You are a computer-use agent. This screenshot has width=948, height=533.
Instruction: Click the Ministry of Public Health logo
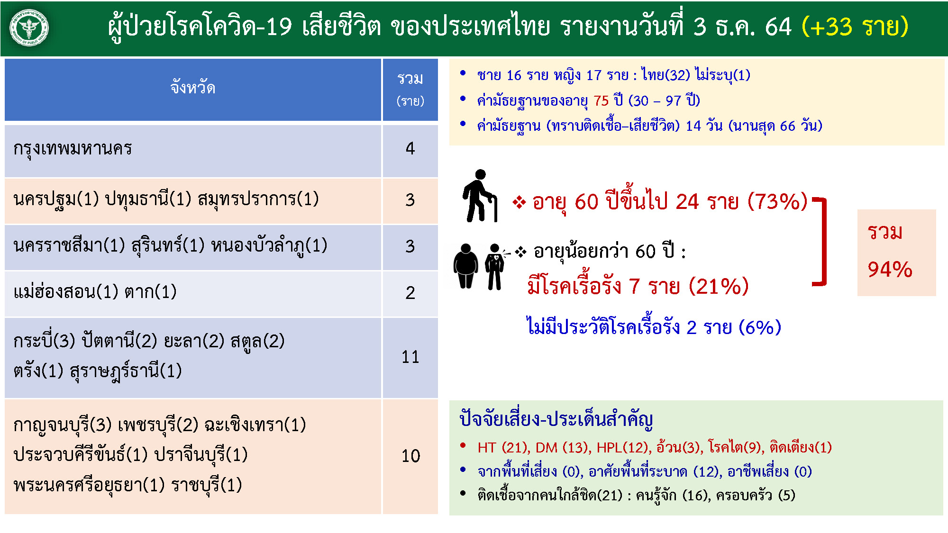[x=29, y=28]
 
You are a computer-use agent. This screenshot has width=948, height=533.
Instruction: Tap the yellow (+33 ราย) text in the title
[x=855, y=27]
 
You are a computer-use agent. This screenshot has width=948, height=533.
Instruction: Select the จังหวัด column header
[x=193, y=88]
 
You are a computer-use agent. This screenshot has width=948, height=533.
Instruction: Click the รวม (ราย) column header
[x=410, y=89]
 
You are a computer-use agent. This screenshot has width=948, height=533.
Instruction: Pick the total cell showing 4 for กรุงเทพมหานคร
[x=410, y=149]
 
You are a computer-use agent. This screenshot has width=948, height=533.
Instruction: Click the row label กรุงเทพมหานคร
[x=73, y=149]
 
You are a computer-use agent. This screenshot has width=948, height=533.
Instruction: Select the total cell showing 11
[x=410, y=357]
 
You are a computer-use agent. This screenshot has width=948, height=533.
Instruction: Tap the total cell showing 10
[x=410, y=456]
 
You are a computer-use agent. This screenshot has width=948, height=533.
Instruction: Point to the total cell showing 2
[x=410, y=293]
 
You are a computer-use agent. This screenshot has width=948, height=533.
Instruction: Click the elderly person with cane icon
[x=480, y=196]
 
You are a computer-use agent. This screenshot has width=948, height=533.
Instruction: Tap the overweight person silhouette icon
[x=466, y=266]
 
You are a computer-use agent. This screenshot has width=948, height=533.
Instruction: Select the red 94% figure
[x=890, y=270]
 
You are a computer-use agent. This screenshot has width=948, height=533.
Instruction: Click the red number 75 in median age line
[x=601, y=100]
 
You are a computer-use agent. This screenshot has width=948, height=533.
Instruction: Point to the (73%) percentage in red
[x=777, y=201]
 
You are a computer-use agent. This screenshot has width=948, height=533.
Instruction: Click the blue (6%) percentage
[x=762, y=327]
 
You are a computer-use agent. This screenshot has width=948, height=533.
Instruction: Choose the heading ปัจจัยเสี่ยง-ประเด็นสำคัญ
[x=556, y=419]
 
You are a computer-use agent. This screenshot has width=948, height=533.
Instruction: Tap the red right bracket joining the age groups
[x=824, y=242]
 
